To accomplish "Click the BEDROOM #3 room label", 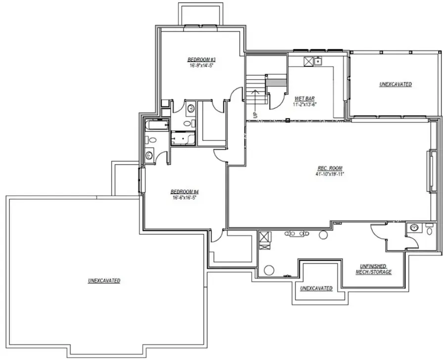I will tap(201, 59).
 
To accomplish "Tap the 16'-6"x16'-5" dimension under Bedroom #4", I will tap(184, 198).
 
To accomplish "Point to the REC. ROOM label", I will tap(330, 168).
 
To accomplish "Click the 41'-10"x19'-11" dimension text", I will tap(330, 174).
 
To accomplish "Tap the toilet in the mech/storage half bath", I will tap(429, 230).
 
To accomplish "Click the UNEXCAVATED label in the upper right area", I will tap(396, 85).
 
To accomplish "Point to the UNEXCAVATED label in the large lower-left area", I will tap(104, 280).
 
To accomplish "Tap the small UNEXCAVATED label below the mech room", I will tap(316, 288).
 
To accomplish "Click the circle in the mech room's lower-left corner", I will tap(269, 270).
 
